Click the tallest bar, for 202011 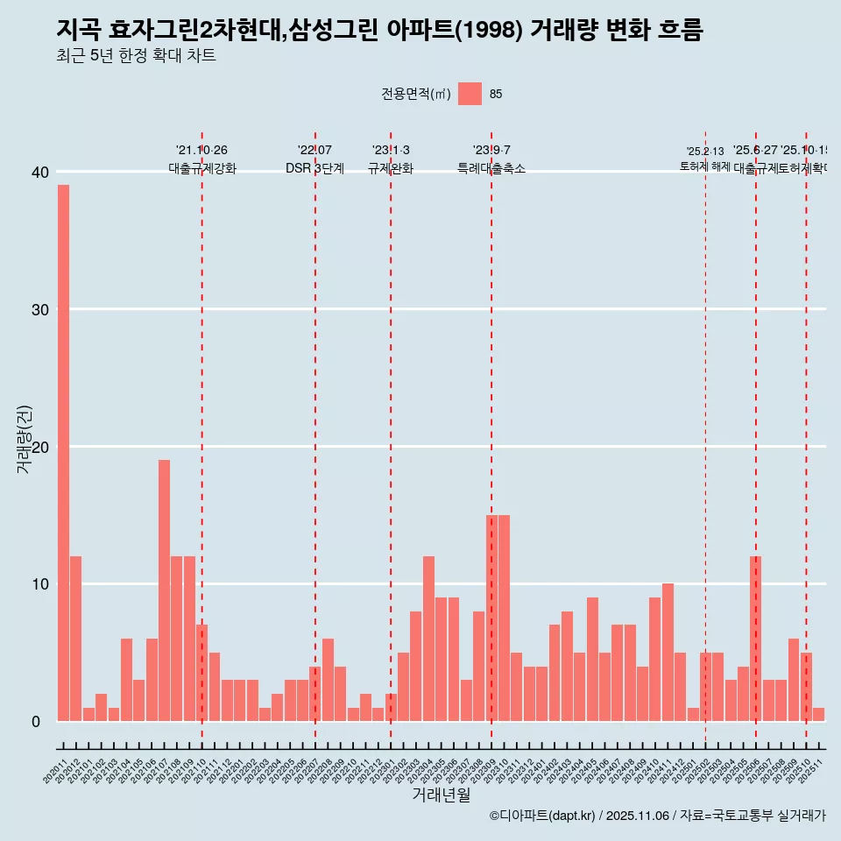point(63,453)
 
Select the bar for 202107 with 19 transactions point(164,590)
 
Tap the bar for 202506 point(755,639)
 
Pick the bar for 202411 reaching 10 point(668,653)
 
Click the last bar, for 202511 point(818,714)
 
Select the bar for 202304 point(428,639)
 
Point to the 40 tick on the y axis point(40,173)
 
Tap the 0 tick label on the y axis point(36,722)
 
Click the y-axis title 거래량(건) point(24,440)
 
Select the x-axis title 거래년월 point(441,795)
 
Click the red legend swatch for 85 point(470,94)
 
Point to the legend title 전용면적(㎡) point(416,95)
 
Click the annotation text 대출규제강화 point(202,168)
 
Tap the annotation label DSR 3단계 point(314,168)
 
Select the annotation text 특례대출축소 point(491,168)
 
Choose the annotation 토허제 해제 point(704,166)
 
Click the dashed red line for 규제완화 point(391,438)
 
